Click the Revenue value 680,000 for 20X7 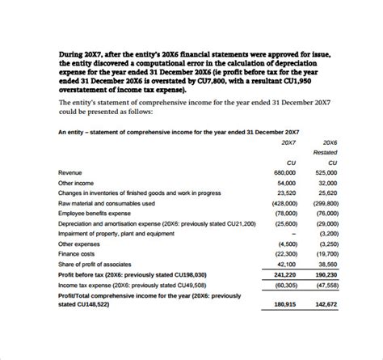(x=284, y=173)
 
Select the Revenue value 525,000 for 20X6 (x=326, y=173)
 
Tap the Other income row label (x=77, y=183)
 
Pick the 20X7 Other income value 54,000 (x=286, y=183)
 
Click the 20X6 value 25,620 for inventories (x=328, y=193)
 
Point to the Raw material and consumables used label (x=103, y=203)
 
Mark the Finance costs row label (x=77, y=253)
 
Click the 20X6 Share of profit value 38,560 (x=328, y=264)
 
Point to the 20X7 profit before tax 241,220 (x=284, y=273)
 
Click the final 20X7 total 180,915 (x=284, y=304)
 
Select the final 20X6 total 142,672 (x=326, y=304)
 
